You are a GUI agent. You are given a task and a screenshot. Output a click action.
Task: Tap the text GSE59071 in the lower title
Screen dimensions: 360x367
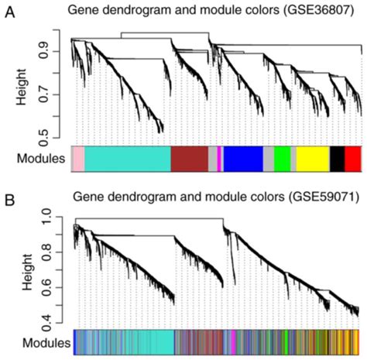pyautogui.click(x=297, y=195)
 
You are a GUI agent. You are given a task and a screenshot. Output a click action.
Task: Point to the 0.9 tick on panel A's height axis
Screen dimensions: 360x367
pyautogui.click(x=52, y=52)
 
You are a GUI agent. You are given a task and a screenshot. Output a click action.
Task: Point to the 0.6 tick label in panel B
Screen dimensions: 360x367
pyautogui.click(x=52, y=288)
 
